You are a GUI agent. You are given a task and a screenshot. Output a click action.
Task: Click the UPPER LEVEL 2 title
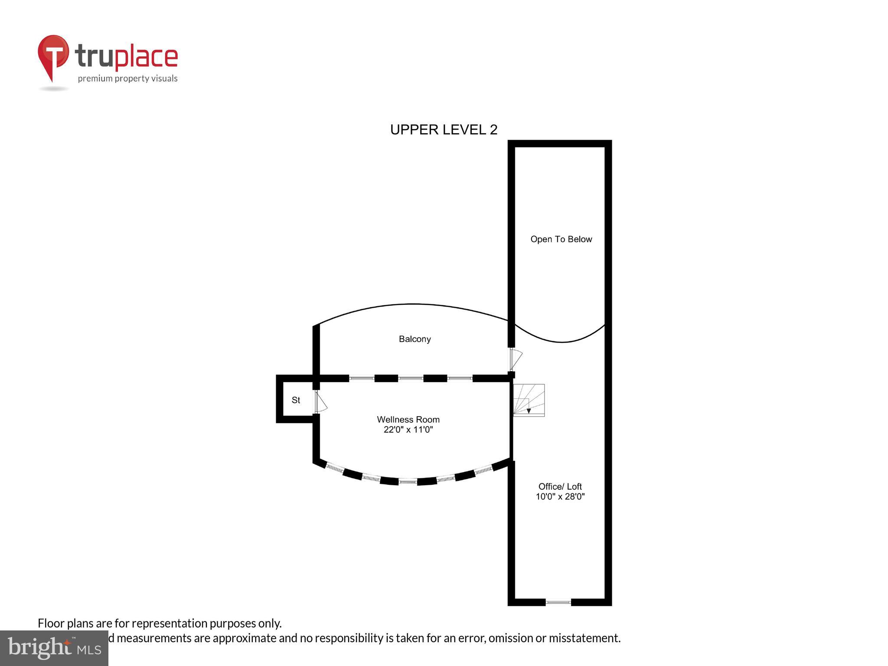[x=444, y=130]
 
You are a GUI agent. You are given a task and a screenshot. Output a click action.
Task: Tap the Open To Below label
[x=561, y=239]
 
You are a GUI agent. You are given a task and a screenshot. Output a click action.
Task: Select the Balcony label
[x=415, y=339]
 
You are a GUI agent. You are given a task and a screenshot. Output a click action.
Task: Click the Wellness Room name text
[x=408, y=419]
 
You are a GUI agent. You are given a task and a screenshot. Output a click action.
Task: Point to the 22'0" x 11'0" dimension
[x=408, y=430]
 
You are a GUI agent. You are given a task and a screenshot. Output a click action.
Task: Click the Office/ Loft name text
[x=560, y=486]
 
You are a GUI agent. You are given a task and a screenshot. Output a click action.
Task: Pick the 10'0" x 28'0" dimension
[x=560, y=497]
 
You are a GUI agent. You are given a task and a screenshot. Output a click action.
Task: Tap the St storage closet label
[x=296, y=400]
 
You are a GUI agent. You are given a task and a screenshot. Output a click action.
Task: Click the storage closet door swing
[x=320, y=402]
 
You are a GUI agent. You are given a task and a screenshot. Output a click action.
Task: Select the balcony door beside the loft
[x=515, y=359]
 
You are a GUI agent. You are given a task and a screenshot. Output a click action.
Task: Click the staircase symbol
[x=529, y=400]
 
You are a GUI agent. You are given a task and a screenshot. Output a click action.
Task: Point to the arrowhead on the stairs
[x=529, y=411]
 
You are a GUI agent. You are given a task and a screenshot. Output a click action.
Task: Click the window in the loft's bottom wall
[x=558, y=602]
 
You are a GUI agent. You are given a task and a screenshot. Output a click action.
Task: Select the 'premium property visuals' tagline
[x=127, y=78]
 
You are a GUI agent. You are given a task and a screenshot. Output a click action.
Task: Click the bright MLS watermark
[x=54, y=648]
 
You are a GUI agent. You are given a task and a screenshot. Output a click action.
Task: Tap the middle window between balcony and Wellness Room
[x=411, y=379]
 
